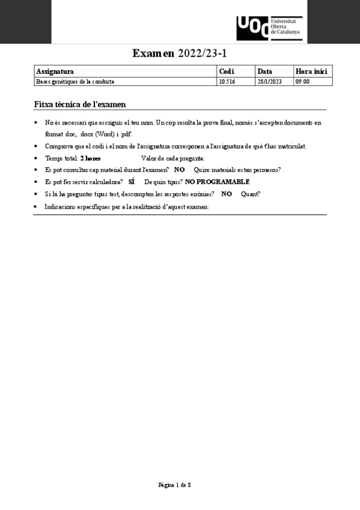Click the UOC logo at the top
(269, 27)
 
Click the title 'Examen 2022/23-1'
(180, 54)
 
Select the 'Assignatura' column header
(55, 72)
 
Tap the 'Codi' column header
(227, 72)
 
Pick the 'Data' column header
(264, 72)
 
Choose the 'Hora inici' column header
(311, 72)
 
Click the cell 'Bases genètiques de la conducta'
(75, 82)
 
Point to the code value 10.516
(227, 82)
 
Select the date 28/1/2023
(269, 82)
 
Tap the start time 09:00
(302, 82)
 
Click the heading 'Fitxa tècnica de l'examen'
(80, 105)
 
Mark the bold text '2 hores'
(90, 158)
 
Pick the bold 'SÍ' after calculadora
(131, 182)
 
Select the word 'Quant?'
(251, 194)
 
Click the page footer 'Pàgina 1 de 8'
(175, 484)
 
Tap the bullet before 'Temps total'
(37, 158)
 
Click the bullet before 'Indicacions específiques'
(37, 207)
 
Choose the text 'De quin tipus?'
(163, 182)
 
